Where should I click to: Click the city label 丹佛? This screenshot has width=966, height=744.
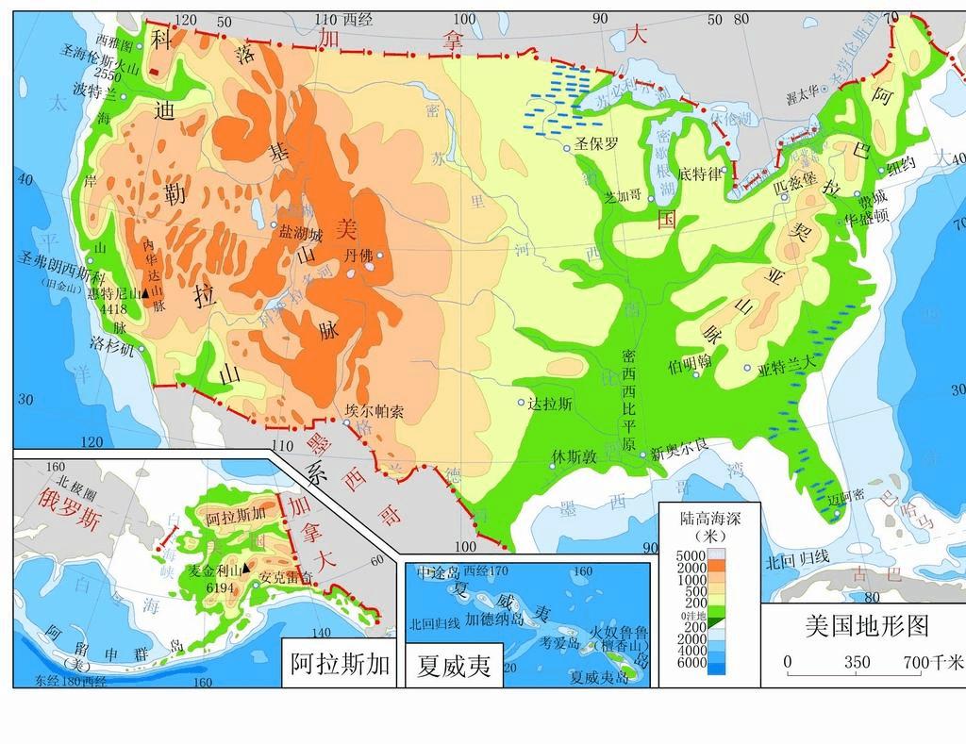point(359,256)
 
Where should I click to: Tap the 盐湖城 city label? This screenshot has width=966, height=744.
point(301,235)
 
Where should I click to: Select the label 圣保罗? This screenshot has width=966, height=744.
point(597,144)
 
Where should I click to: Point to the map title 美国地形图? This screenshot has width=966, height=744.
point(867,625)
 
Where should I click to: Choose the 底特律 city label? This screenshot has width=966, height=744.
point(699,174)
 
